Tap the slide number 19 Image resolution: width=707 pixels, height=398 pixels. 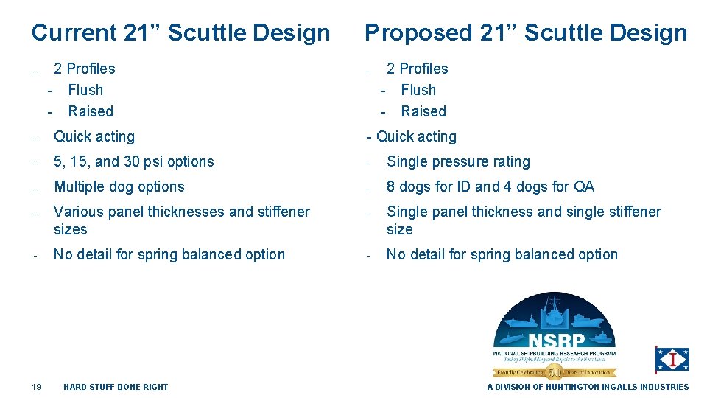tap(36, 387)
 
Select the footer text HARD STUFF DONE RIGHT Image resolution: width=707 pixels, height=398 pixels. tap(116, 387)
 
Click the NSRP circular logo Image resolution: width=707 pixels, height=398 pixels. tap(554, 336)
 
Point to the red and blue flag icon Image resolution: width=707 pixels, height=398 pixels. tap(672, 360)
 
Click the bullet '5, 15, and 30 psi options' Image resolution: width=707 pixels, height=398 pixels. tap(133, 161)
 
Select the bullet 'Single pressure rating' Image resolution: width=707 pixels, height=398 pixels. tap(458, 161)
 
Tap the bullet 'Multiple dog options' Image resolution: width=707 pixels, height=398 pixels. tap(119, 186)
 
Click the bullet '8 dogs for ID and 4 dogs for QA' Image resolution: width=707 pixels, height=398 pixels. tap(490, 186)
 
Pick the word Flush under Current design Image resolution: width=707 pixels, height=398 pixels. tap(85, 90)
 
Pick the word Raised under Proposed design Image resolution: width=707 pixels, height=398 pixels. tap(423, 111)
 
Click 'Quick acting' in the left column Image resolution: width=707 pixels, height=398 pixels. tap(94, 136)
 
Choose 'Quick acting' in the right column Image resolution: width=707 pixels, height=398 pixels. tap(416, 136)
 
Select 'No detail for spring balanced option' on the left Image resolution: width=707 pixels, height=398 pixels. tap(169, 254)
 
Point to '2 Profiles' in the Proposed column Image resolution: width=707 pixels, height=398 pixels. tap(417, 69)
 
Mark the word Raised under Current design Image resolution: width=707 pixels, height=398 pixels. tap(91, 111)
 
